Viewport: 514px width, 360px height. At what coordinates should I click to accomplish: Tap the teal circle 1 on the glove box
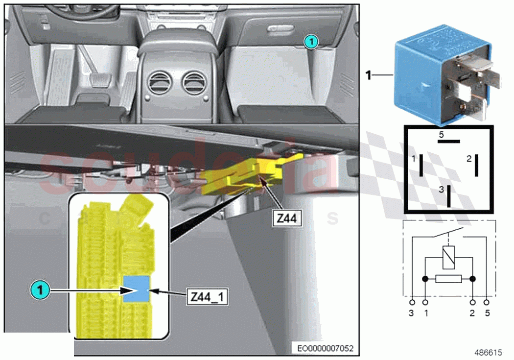pos(310,42)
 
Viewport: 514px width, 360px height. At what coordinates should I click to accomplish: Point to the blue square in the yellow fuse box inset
pos(136,289)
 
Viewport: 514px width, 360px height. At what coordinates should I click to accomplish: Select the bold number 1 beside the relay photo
pos(370,75)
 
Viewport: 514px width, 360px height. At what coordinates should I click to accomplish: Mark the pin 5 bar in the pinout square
pos(449,142)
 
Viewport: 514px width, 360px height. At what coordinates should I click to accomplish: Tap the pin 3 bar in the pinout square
pos(449,195)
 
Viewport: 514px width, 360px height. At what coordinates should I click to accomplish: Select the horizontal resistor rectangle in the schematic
pos(449,279)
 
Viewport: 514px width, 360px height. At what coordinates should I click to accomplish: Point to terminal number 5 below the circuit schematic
pos(487,313)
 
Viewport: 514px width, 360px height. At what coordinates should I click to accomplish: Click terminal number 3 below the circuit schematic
pos(412,313)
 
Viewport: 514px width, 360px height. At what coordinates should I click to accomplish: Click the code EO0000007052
pos(325,349)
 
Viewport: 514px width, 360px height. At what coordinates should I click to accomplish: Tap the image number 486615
pos(488,352)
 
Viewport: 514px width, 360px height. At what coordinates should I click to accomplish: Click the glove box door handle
pos(280,31)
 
